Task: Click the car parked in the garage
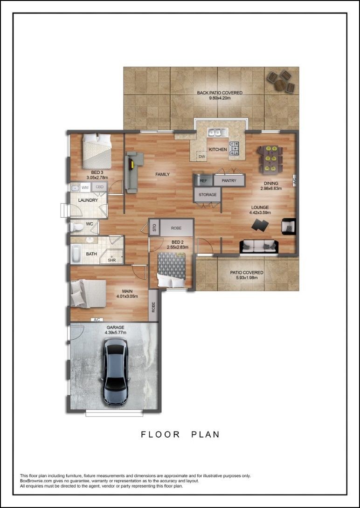click(116, 372)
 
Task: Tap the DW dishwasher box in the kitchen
click(202, 157)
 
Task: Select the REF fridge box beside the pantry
click(203, 181)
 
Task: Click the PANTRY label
click(229, 181)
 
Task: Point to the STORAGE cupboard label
click(208, 195)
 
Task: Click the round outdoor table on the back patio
click(281, 82)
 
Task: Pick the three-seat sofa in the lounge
click(259, 246)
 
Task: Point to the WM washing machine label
click(85, 187)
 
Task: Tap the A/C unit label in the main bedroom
click(97, 319)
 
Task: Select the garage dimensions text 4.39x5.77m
click(115, 332)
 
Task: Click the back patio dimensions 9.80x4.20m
click(219, 98)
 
